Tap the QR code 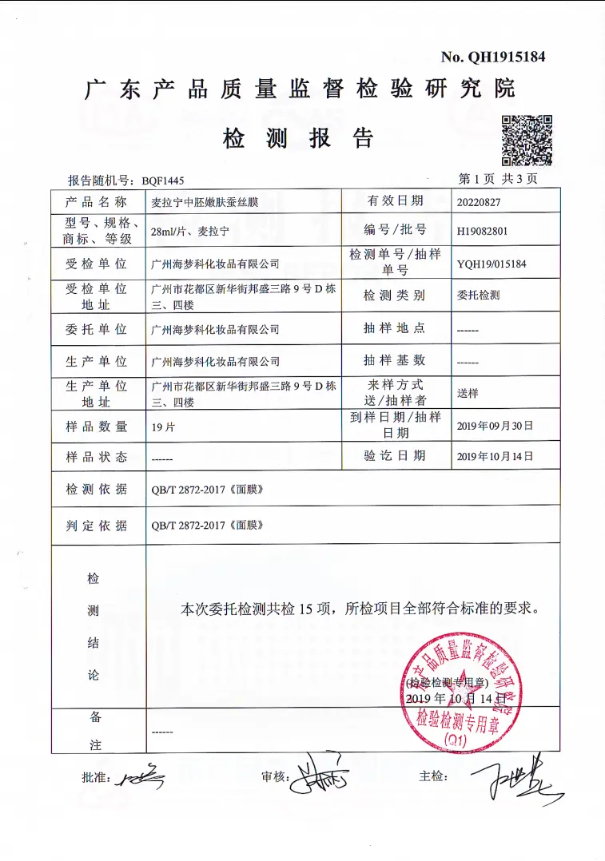[527, 141]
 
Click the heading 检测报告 [298, 138]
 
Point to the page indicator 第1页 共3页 [497, 179]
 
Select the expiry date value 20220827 [479, 202]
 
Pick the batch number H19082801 [482, 232]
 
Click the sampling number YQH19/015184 [492, 264]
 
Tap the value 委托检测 [478, 296]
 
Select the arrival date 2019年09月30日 [495, 426]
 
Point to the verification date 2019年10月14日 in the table [495, 457]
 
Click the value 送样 [468, 394]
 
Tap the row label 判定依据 [97, 526]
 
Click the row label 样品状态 [97, 457]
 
